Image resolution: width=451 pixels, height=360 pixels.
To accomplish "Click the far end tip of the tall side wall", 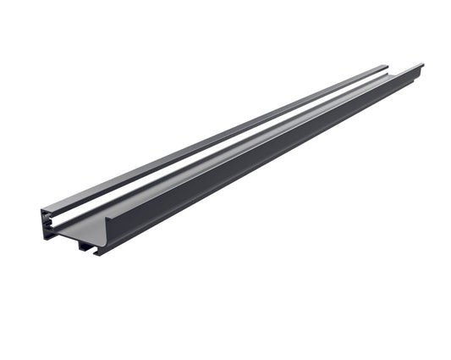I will (421, 64).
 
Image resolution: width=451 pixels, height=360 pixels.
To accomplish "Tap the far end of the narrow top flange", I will (385, 67).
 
